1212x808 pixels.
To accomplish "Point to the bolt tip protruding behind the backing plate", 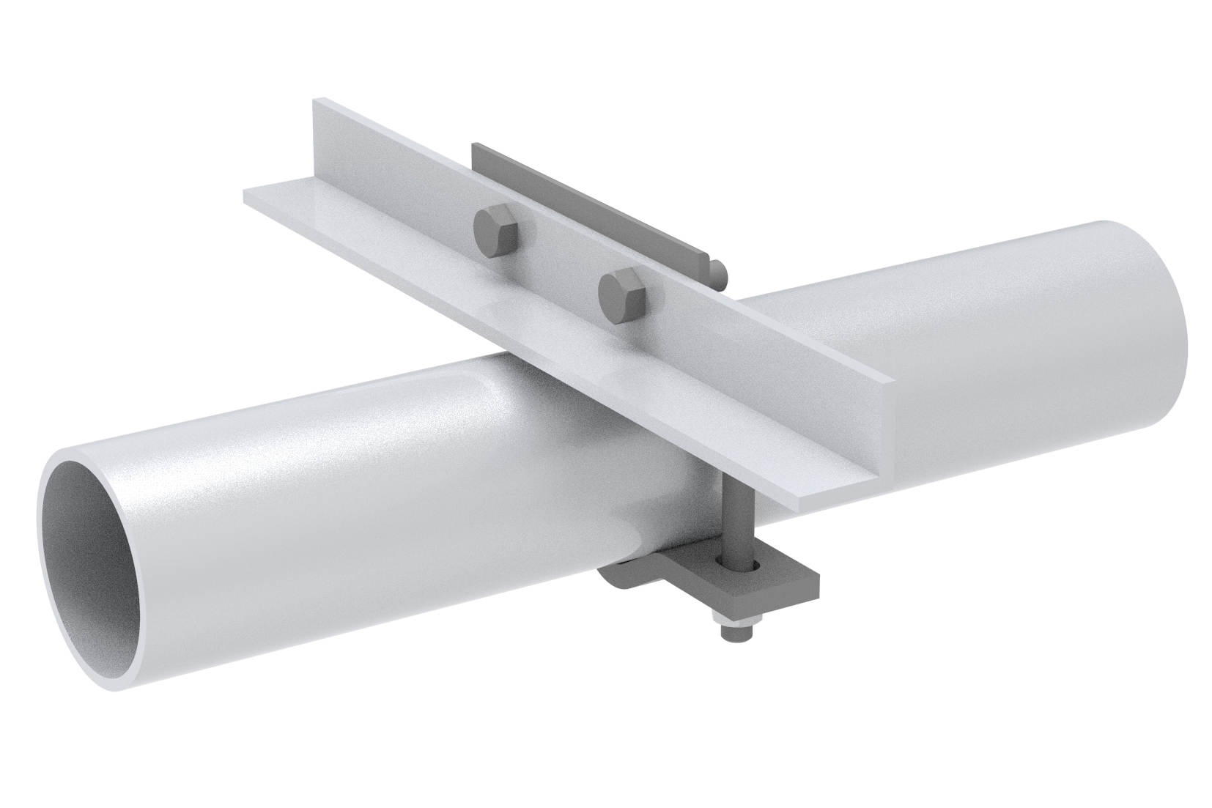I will click(x=719, y=270).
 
